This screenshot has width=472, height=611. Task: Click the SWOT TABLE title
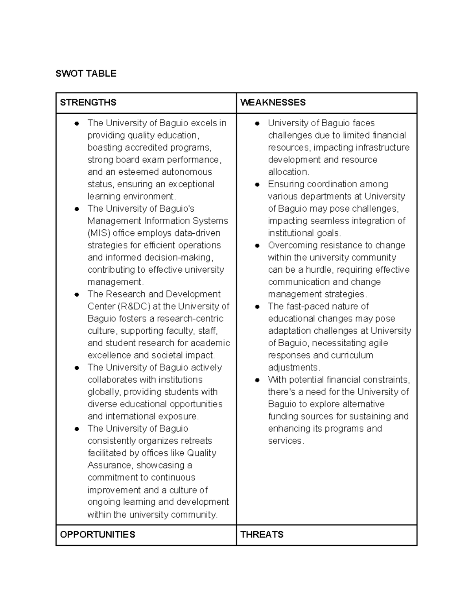click(x=86, y=74)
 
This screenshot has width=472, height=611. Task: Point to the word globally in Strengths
click(x=103, y=392)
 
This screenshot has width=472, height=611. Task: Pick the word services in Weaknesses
click(x=286, y=441)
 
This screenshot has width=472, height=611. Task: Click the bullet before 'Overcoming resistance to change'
click(x=257, y=246)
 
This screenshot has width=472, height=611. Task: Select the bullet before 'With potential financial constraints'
click(x=257, y=380)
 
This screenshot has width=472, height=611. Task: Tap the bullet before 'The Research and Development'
click(x=77, y=294)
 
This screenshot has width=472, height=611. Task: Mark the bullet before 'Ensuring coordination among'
click(x=257, y=185)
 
